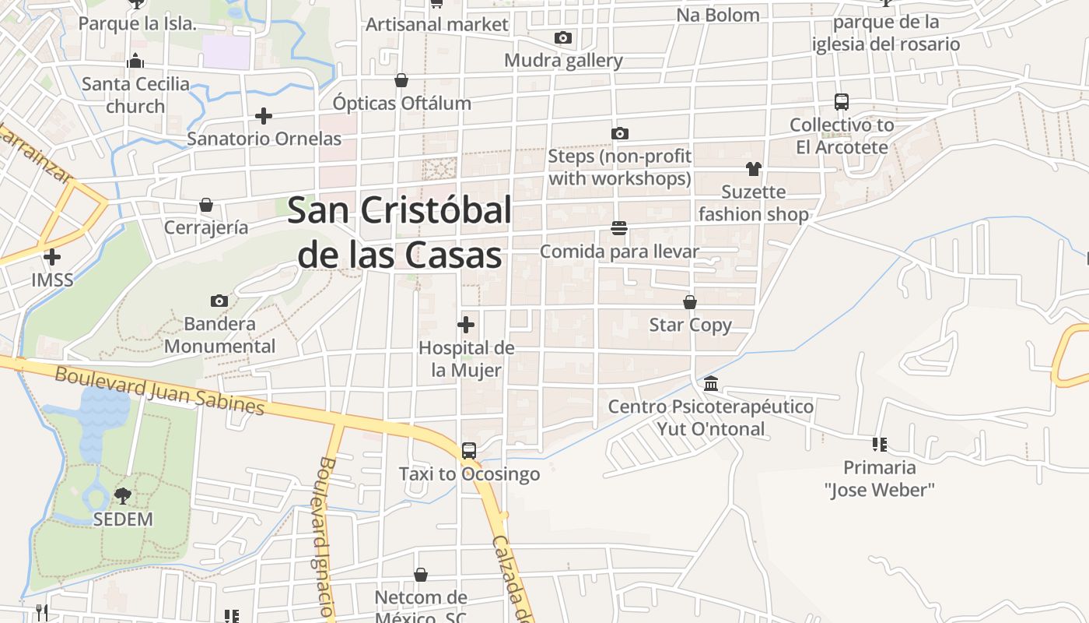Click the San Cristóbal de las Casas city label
tap(400, 232)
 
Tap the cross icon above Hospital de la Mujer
tap(466, 325)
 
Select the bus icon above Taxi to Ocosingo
tap(468, 451)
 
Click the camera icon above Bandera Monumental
tap(219, 301)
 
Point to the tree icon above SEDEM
tap(123, 495)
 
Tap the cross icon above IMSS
tap(52, 257)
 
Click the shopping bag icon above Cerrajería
tap(206, 205)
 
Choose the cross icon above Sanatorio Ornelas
tap(264, 116)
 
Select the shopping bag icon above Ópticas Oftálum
tap(401, 80)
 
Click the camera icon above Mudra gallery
tap(563, 37)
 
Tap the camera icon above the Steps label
tap(619, 134)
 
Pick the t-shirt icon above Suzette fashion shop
tap(753, 169)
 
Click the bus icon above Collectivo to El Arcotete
tap(841, 102)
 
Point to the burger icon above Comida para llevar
tap(619, 228)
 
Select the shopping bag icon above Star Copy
tap(690, 302)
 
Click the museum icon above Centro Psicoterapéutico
tap(711, 384)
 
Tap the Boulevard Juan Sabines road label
tap(159, 390)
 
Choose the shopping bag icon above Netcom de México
tap(421, 575)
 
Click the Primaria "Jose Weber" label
tap(880, 478)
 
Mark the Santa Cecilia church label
tap(135, 94)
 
